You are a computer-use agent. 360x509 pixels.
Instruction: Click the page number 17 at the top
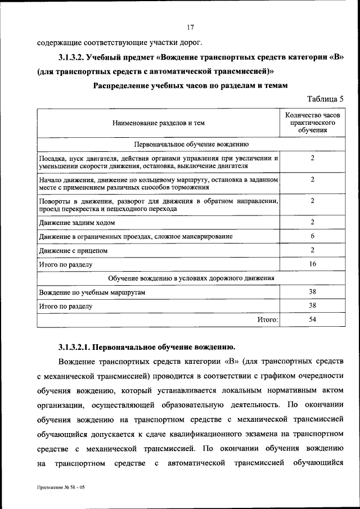tap(191, 26)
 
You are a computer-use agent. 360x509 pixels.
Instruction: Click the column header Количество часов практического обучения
tap(312, 122)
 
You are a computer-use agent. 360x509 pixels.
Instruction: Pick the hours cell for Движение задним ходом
tap(312, 223)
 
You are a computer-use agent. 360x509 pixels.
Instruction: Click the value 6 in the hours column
tap(312, 236)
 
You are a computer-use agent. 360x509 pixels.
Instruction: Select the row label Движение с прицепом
tap(64, 250)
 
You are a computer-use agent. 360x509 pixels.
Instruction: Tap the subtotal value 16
tap(312, 263)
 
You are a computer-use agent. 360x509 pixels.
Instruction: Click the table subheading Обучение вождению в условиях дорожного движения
tap(191, 278)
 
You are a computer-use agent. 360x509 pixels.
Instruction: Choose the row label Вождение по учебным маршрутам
tap(92, 293)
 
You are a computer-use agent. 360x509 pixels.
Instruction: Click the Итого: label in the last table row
tap(268, 320)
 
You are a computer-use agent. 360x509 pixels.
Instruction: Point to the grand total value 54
tap(312, 319)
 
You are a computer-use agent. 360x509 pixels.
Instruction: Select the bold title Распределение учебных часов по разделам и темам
tap(191, 85)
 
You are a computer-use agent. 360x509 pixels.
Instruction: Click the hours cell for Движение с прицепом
tap(312, 250)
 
